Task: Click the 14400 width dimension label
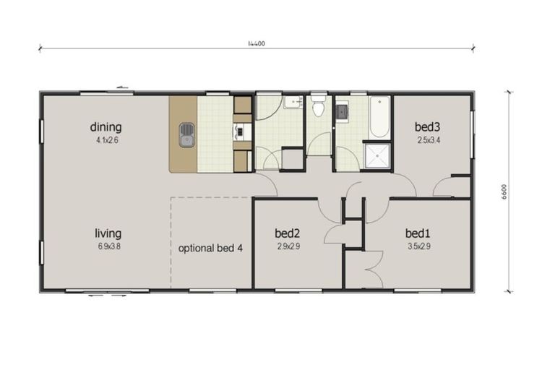256,44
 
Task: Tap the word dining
106,127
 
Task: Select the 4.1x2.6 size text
106,140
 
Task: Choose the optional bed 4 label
210,248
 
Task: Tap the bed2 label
288,233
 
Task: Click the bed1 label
418,233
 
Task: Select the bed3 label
427,127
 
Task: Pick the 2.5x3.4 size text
427,140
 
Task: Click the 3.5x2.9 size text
418,246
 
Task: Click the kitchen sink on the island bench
187,134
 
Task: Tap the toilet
318,109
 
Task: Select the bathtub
379,117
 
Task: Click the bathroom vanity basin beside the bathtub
342,111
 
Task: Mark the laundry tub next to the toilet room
293,103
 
